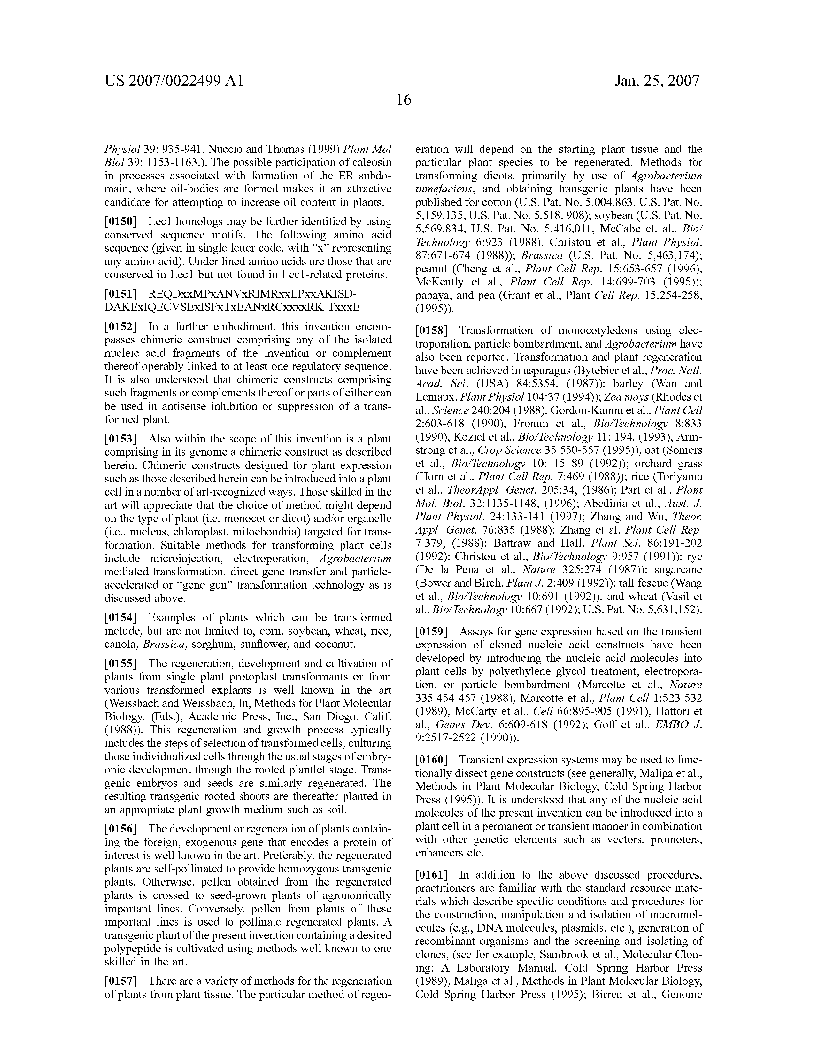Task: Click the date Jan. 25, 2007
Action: click(x=657, y=80)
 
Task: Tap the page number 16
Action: click(x=404, y=100)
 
